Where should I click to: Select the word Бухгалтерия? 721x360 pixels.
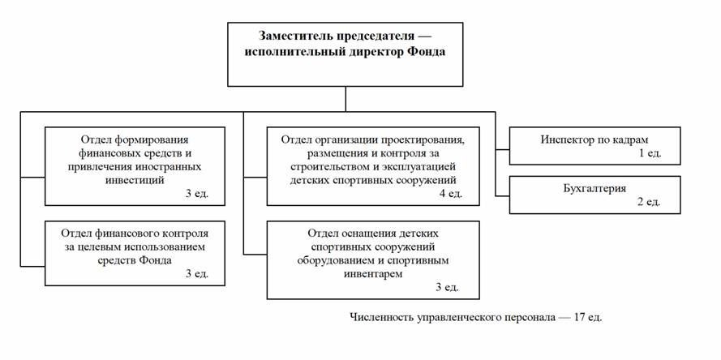[594, 189]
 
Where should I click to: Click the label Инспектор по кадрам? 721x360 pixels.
[594, 139]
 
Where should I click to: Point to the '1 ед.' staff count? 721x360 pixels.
[650, 152]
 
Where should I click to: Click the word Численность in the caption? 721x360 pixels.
[381, 316]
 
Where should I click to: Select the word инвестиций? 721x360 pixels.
[131, 180]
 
